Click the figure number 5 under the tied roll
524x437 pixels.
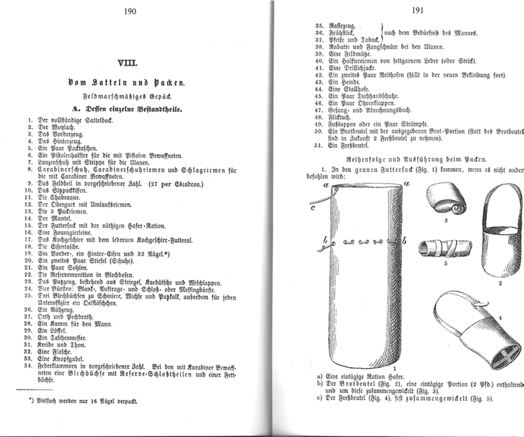445,263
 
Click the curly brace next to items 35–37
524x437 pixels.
384,32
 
